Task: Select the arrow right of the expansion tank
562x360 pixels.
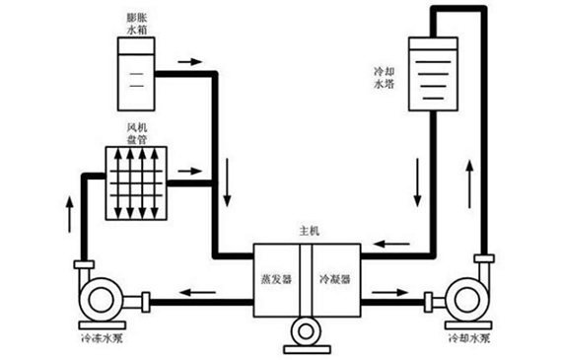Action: pos(189,60)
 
